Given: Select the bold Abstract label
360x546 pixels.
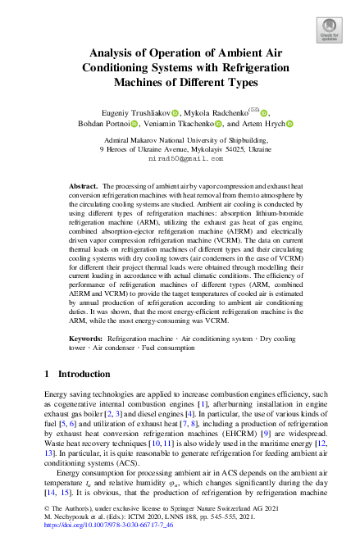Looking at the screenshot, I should click(82, 187).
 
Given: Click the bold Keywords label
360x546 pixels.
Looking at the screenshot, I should click(84, 337).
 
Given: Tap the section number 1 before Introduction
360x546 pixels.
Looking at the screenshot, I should click(45, 374).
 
